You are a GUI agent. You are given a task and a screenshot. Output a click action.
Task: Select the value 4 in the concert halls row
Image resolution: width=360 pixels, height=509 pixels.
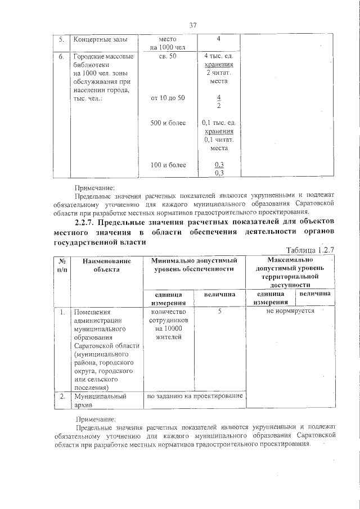click(x=218, y=39)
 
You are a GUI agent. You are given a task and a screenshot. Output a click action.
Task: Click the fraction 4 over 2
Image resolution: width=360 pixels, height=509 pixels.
click(x=219, y=102)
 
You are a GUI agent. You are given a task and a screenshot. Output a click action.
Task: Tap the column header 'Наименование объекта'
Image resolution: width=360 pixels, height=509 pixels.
click(x=106, y=265)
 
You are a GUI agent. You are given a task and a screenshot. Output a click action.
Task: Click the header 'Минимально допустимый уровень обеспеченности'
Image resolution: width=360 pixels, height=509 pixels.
click(x=194, y=265)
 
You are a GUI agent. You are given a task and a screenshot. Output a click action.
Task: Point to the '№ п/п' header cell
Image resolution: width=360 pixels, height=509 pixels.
click(x=61, y=265)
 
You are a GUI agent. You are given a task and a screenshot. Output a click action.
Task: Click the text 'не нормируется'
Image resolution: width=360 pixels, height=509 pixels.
click(x=290, y=310)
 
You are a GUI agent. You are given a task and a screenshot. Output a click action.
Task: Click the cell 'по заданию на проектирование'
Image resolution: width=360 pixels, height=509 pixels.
click(x=194, y=396)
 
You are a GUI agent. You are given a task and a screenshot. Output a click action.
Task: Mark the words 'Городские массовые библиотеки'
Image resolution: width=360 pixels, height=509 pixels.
click(x=103, y=61)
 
